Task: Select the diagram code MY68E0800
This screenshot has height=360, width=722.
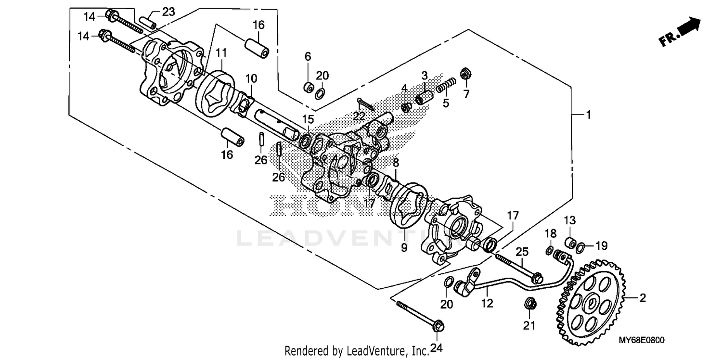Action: click(x=642, y=340)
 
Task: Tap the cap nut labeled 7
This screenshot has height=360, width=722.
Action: click(x=465, y=73)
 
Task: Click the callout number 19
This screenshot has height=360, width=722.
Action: click(x=602, y=246)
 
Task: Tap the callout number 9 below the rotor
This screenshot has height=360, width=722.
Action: click(x=404, y=247)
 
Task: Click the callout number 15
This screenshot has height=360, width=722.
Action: click(x=308, y=119)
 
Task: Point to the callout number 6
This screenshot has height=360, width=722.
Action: click(x=308, y=57)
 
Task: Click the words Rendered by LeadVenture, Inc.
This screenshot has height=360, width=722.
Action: click(x=356, y=351)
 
